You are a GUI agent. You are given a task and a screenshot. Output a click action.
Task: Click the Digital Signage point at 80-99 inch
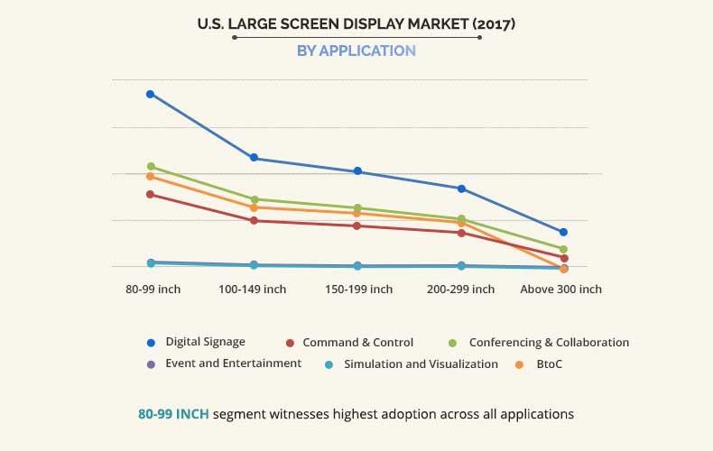click(x=151, y=94)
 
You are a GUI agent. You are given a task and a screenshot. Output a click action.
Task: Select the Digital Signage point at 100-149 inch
click(x=255, y=158)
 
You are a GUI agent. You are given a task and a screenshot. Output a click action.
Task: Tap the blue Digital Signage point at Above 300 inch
click(x=563, y=232)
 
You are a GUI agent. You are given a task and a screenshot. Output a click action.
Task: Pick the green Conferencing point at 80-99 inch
click(x=151, y=166)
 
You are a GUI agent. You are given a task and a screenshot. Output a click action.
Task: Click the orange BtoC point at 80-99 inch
click(x=151, y=176)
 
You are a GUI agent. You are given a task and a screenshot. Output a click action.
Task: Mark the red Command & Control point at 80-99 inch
click(x=151, y=194)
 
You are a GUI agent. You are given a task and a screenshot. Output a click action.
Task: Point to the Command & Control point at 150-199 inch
click(x=357, y=225)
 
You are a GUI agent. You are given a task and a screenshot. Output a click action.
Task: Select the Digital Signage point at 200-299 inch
click(x=461, y=189)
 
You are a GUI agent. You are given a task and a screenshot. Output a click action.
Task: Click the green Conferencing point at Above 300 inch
click(x=563, y=249)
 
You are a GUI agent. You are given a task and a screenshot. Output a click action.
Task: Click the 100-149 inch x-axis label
click(x=253, y=290)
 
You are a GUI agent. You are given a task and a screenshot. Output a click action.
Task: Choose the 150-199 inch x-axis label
click(x=358, y=290)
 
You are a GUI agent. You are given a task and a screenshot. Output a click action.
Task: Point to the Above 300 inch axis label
click(x=561, y=290)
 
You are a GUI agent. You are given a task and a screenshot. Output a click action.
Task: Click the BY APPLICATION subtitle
click(x=356, y=51)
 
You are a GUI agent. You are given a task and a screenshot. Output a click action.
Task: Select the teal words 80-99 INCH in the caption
click(x=173, y=414)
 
